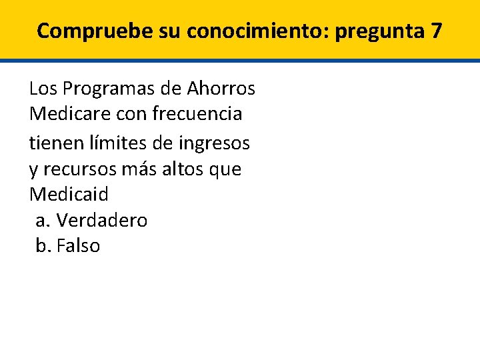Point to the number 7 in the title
pyautogui.click(x=436, y=31)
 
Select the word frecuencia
pyautogui.click(x=197, y=115)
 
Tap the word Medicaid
pyautogui.click(x=69, y=195)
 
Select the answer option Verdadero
pyautogui.click(x=102, y=221)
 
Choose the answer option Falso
pyautogui.click(x=79, y=247)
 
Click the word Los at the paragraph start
pyautogui.click(x=42, y=88)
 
